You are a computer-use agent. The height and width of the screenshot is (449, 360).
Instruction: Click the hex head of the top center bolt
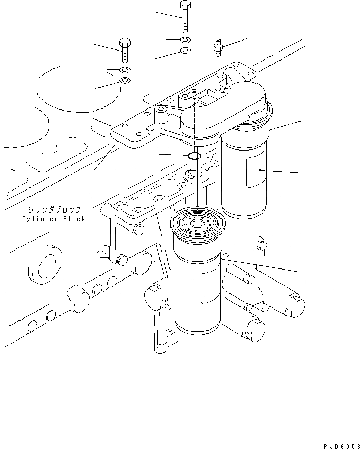[x=185, y=6]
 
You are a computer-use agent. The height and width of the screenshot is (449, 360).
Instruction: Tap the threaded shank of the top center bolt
[x=185, y=22]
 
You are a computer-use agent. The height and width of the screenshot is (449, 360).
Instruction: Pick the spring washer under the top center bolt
[x=185, y=40]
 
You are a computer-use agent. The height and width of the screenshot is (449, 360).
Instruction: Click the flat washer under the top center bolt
[x=185, y=51]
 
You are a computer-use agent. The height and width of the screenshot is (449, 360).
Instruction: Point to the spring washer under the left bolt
[x=125, y=70]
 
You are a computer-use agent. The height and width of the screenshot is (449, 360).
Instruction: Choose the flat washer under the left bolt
[x=125, y=81]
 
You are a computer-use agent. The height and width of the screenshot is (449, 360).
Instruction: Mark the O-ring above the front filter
[x=194, y=156]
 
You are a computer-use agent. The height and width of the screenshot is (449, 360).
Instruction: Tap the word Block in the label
[x=74, y=219]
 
